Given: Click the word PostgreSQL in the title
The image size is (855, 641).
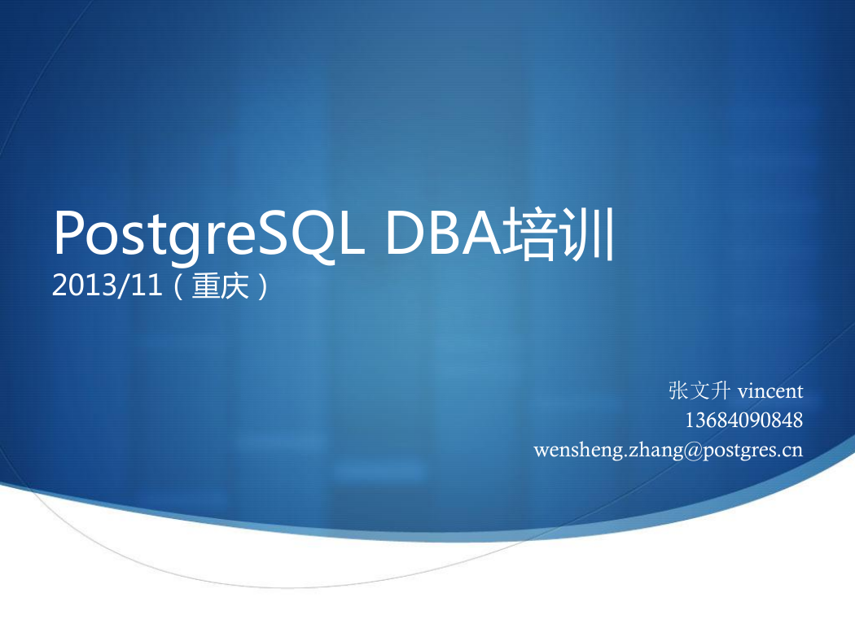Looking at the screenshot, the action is tap(208, 234).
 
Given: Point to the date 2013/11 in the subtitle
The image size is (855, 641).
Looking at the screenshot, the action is tap(107, 285).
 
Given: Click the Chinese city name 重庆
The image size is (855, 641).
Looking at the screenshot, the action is tap(221, 286).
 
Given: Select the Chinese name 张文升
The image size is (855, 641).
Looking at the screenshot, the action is tap(699, 390).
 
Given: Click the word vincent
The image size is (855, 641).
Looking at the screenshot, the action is tap(770, 391).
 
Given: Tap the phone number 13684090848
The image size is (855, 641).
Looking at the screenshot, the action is tap(743, 421).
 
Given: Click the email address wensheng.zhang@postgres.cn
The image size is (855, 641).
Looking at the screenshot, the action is tap(668, 451).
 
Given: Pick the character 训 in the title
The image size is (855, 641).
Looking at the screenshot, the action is tap(587, 234).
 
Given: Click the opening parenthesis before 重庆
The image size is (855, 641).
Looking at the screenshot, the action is tap(179, 286).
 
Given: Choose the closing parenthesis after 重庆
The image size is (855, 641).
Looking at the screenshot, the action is tap(263, 286).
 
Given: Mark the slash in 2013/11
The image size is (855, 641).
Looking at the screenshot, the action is tap(125, 286).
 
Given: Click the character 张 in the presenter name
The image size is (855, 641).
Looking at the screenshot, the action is tap(679, 390).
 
